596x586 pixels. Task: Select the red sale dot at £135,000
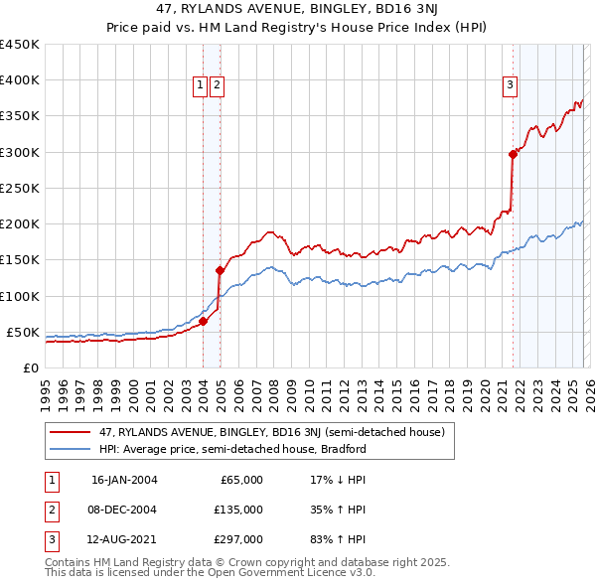pos(220,270)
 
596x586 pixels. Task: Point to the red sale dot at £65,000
pos(204,321)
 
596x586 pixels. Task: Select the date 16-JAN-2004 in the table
pos(124,480)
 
